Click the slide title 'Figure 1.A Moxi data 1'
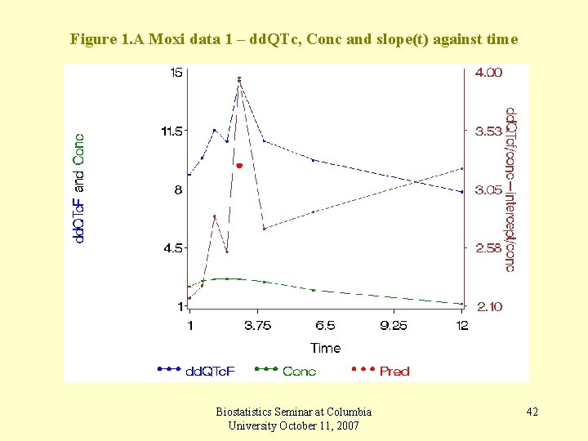point(293,38)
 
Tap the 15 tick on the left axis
point(176,73)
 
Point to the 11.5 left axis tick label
point(172,131)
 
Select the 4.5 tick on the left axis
point(174,247)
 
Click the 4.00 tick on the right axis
point(489,73)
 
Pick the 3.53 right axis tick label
point(489,131)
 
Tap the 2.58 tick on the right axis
point(489,248)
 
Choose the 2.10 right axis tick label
point(489,306)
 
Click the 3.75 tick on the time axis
point(258,326)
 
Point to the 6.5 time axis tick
point(325,326)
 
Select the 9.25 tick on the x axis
point(394,326)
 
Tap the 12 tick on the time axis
point(462,326)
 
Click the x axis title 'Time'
point(325,348)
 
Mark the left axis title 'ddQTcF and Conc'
point(79,188)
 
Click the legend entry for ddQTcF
point(211,372)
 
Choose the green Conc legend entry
point(299,372)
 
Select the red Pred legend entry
point(394,372)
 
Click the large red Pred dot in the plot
point(239,166)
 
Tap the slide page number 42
point(532,412)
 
